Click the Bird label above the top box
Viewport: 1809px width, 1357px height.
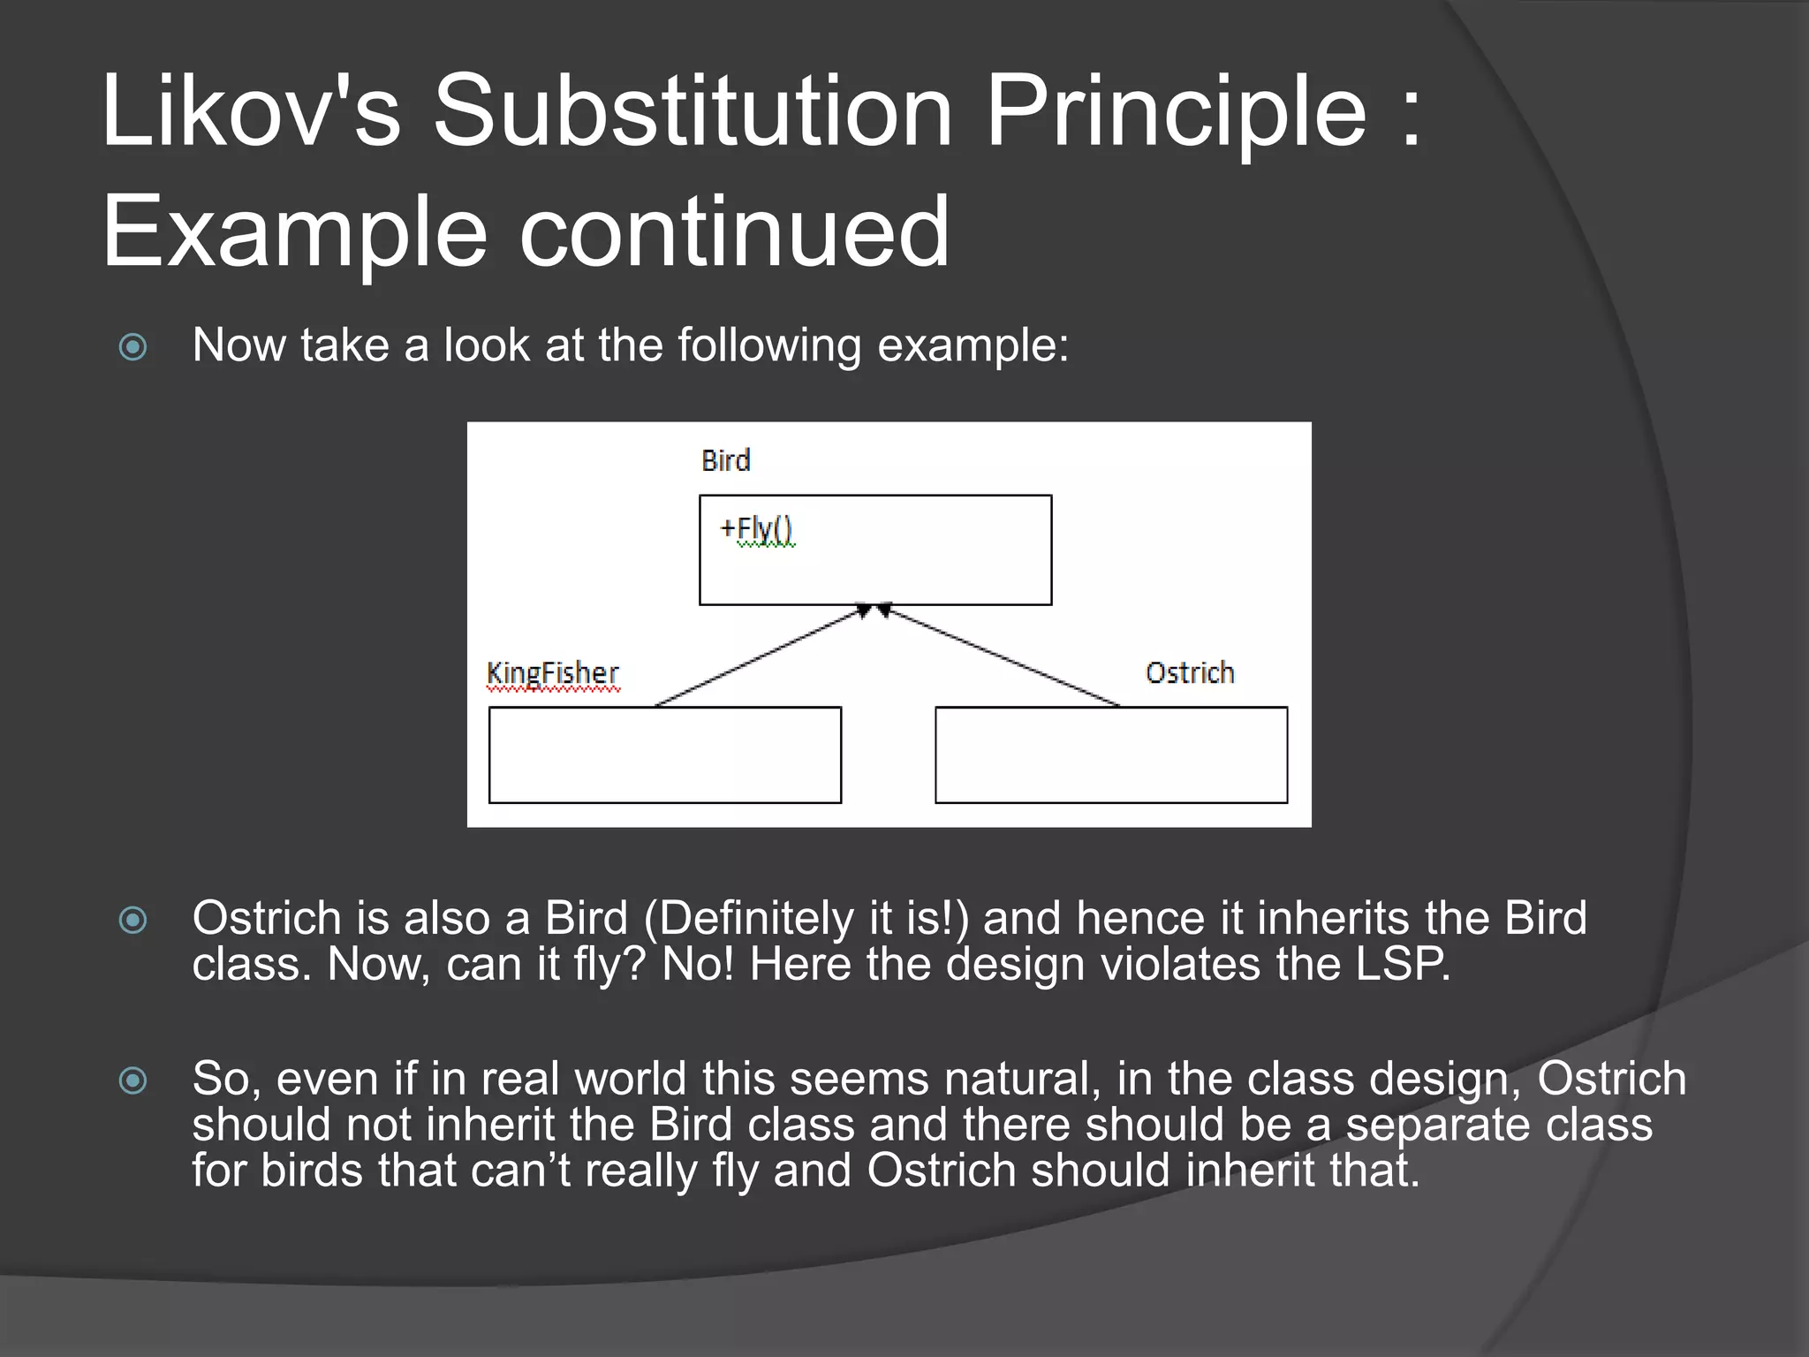(725, 460)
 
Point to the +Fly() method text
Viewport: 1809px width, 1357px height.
(757, 529)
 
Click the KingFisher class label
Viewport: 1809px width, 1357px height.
(553, 673)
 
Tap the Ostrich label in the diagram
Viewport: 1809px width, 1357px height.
(1189, 673)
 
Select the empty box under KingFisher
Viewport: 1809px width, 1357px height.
(664, 754)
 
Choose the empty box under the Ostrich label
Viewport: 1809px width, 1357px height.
(1110, 754)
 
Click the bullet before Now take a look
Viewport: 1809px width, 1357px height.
(133, 346)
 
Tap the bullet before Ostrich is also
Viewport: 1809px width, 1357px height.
(133, 921)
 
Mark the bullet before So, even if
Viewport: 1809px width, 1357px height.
(133, 1080)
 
